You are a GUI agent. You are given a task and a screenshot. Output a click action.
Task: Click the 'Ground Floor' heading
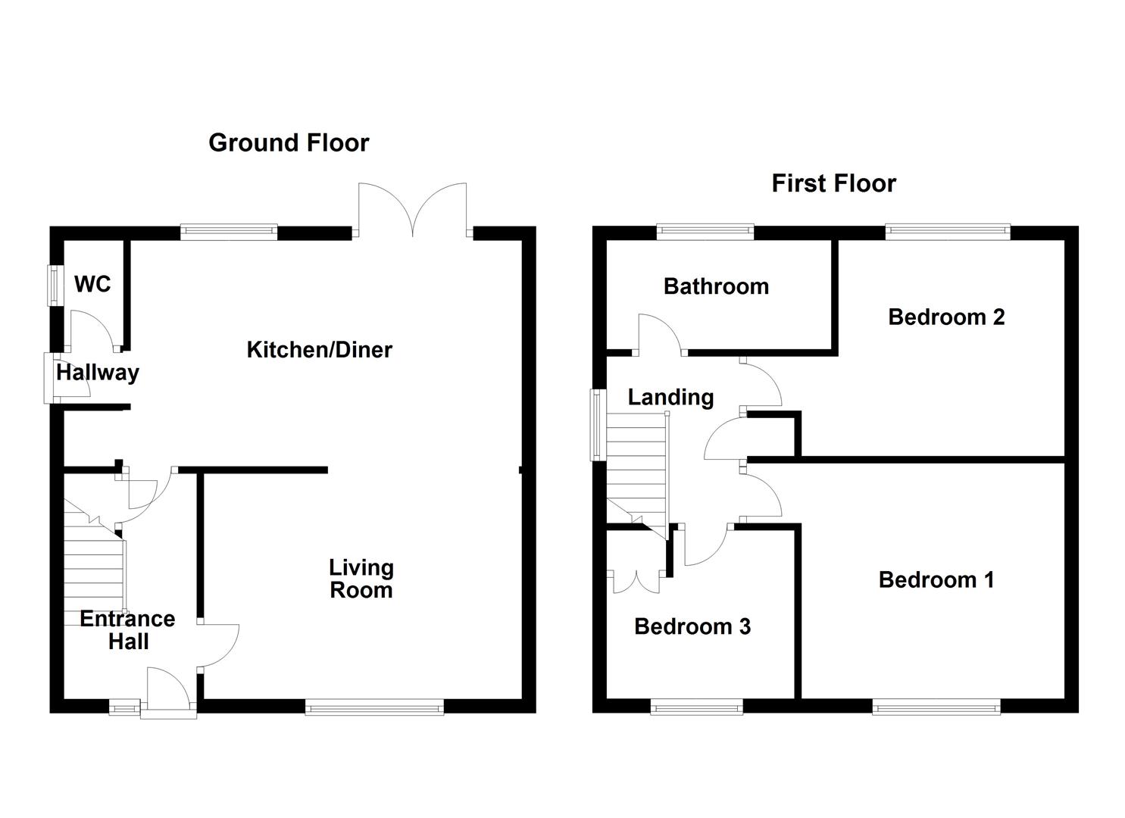[x=289, y=142]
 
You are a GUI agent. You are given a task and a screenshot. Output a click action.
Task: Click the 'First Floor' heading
[x=833, y=183]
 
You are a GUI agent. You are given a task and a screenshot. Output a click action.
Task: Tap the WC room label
[x=92, y=284]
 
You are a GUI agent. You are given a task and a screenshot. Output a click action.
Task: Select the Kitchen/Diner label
[x=319, y=350]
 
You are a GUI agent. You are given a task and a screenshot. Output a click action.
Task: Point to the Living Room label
[x=361, y=579]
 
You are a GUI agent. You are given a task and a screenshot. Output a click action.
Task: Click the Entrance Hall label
[x=127, y=630]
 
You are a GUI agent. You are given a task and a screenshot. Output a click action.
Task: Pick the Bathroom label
[x=716, y=286]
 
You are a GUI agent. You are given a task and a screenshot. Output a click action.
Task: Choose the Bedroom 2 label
[x=946, y=317]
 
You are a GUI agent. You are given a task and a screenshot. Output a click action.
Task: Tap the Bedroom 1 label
[x=936, y=580]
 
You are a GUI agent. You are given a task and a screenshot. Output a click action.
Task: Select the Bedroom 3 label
[x=692, y=626]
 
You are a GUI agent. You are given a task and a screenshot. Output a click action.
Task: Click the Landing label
[x=670, y=397]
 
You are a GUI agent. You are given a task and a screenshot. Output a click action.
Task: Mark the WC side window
[x=55, y=285]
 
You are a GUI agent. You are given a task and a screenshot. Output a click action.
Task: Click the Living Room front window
[x=374, y=707]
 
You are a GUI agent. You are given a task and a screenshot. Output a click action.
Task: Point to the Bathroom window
[x=705, y=232]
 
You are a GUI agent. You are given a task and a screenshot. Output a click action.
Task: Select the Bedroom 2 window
[x=948, y=232]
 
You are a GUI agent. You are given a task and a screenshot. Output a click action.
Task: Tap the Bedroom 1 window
[x=936, y=707]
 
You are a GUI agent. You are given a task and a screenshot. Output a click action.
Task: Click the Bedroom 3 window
[x=696, y=707]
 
